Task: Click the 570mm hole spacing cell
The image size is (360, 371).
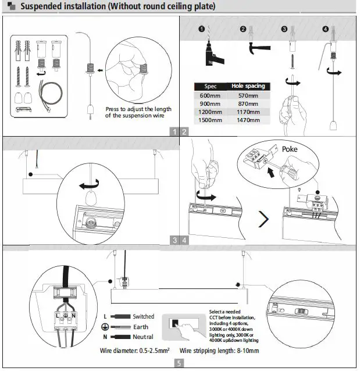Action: pyautogui.click(x=248, y=95)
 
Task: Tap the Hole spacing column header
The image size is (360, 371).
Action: pyautogui.click(x=248, y=86)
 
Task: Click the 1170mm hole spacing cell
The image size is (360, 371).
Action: pyautogui.click(x=248, y=112)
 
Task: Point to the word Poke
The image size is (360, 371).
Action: pyautogui.click(x=290, y=149)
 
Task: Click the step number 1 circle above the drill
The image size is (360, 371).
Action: pyautogui.click(x=201, y=29)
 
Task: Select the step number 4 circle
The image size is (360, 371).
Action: pyautogui.click(x=325, y=29)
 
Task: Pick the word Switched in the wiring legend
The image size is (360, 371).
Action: pyautogui.click(x=144, y=316)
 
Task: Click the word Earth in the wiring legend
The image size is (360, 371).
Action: pyautogui.click(x=140, y=327)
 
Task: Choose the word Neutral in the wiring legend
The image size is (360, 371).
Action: pyautogui.click(x=143, y=337)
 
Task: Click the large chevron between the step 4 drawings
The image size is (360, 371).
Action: pyautogui.click(x=264, y=220)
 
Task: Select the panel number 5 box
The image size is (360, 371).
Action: pyautogui.click(x=179, y=364)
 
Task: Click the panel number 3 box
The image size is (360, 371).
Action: pyautogui.click(x=175, y=240)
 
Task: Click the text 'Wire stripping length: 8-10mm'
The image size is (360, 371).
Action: pyautogui.click(x=219, y=351)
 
